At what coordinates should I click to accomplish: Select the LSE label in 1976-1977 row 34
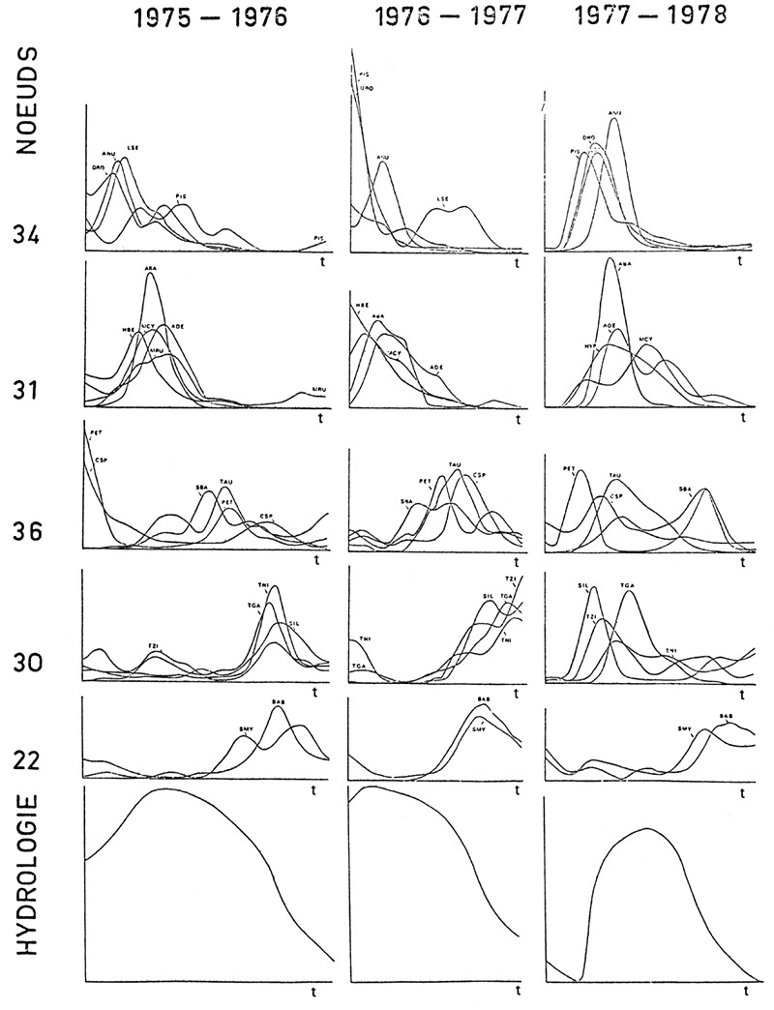443,200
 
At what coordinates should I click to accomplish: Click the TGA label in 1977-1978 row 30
627,586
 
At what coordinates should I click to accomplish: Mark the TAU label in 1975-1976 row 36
227,481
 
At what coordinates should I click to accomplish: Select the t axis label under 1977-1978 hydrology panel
747,991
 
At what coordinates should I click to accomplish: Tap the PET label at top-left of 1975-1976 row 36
95,434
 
